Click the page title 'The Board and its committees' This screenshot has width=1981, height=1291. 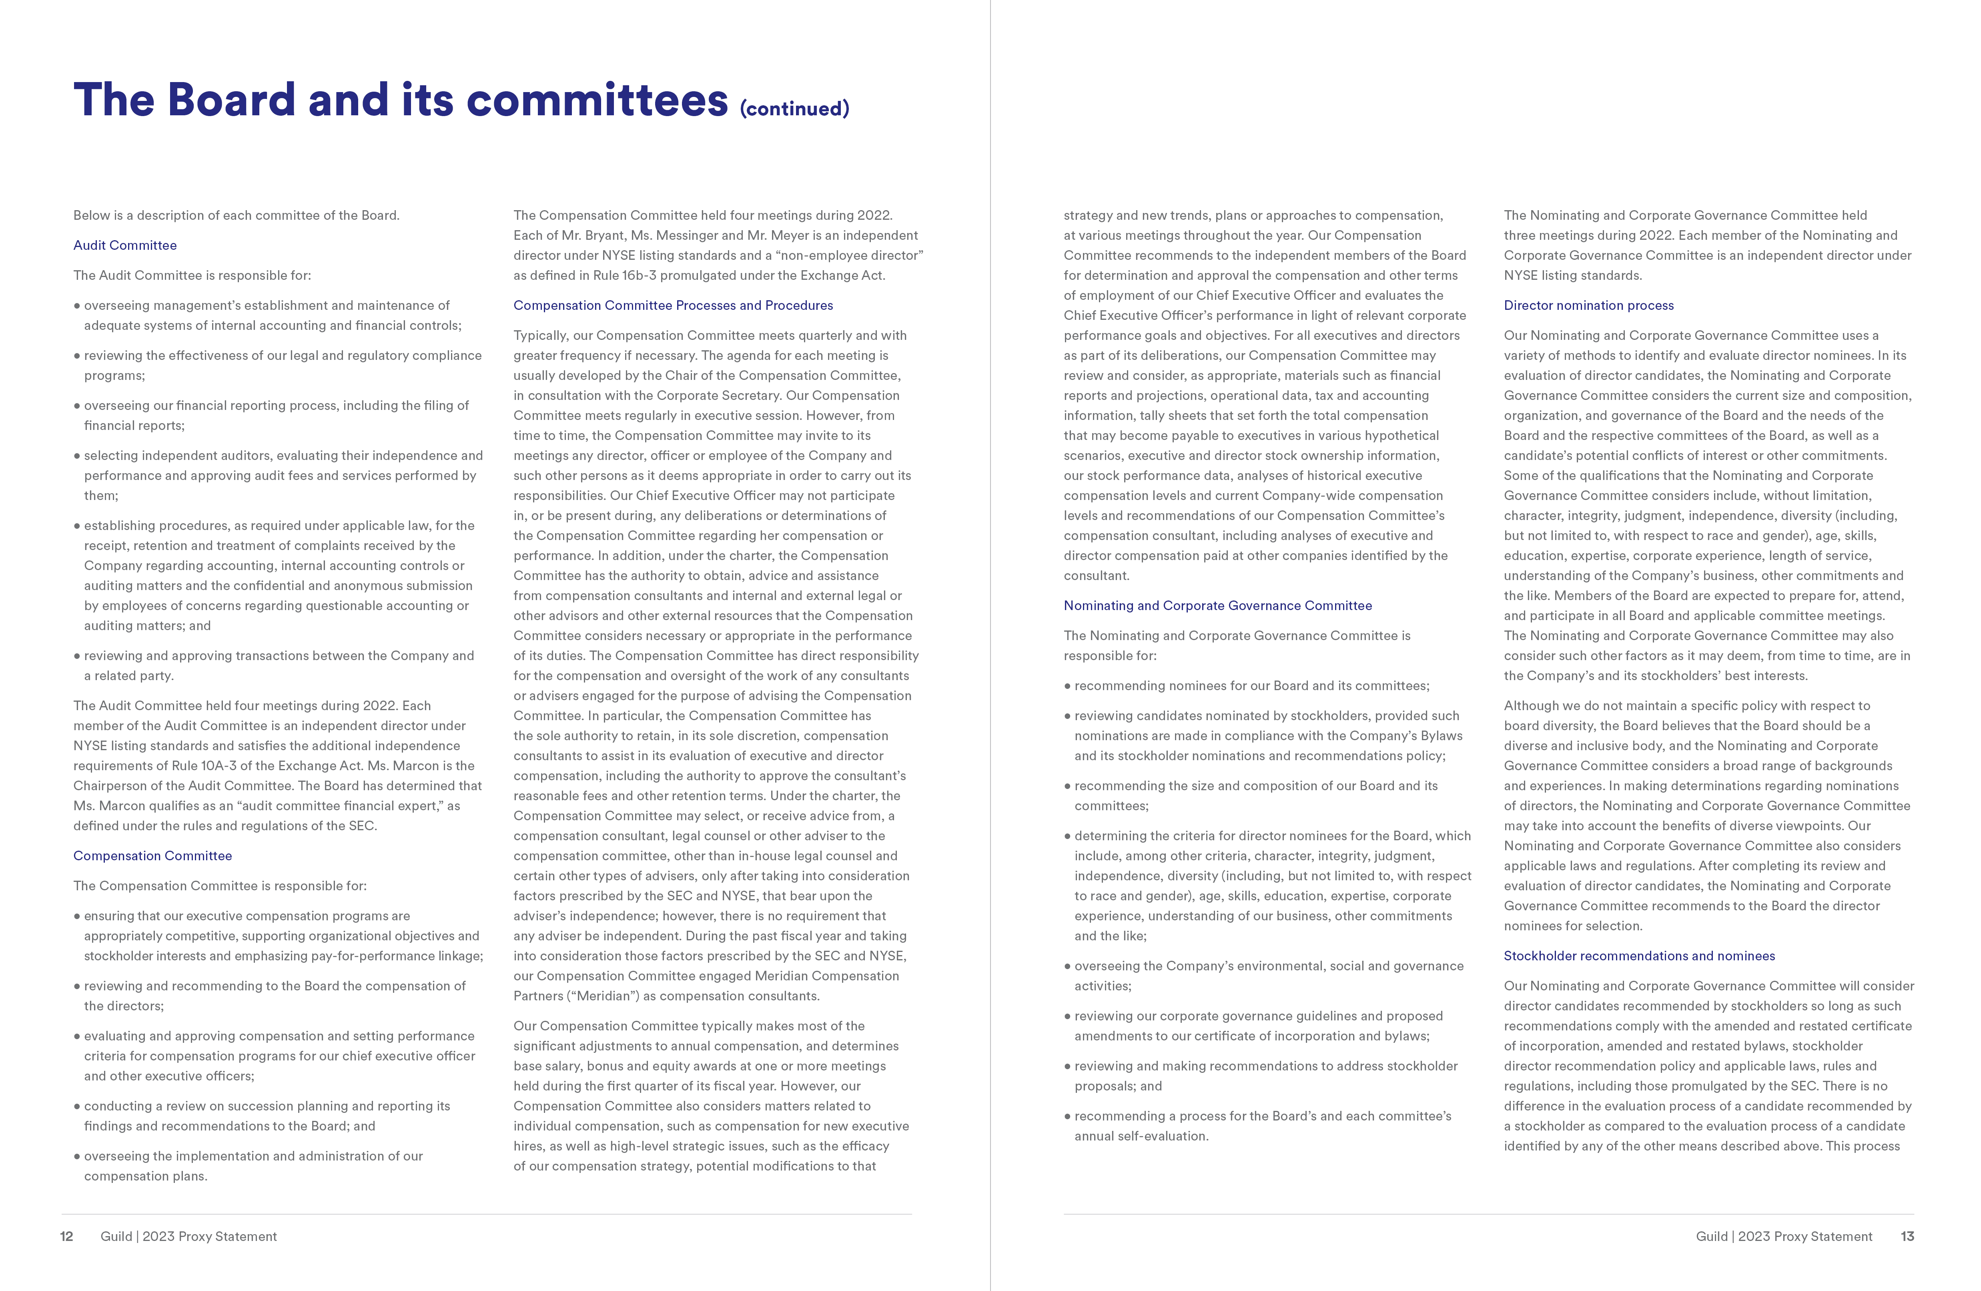pos(399,100)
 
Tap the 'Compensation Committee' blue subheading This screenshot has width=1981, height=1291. pos(152,856)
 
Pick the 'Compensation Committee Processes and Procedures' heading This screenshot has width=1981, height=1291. pos(673,305)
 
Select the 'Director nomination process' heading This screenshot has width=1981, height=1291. pos(1588,305)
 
